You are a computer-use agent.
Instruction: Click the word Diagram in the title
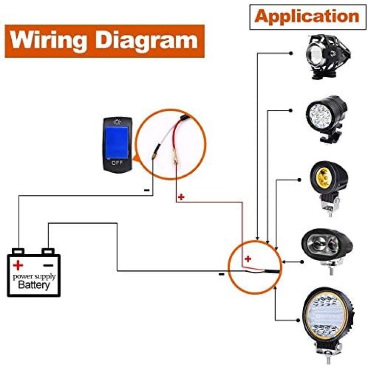pos(146,41)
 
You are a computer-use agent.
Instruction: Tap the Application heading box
pos(308,17)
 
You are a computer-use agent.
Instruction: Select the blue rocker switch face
pos(117,142)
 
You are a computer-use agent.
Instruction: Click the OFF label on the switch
pos(117,163)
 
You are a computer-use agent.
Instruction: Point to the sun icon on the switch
pos(117,122)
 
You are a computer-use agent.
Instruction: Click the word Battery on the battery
pos(34,285)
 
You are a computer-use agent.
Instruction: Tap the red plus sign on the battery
pos(18,265)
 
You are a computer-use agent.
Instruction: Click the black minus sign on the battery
pos(49,265)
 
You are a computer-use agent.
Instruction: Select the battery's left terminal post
pos(18,251)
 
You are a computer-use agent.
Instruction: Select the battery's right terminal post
pos(48,251)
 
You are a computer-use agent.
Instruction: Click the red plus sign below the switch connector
pos(181,197)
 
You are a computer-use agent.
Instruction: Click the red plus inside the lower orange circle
pos(248,259)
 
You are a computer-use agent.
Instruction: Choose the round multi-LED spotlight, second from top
pos(327,119)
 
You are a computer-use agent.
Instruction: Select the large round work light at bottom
pos(328,325)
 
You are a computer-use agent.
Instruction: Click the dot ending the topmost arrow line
pos(291,53)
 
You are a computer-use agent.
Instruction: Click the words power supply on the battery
pos(34,277)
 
